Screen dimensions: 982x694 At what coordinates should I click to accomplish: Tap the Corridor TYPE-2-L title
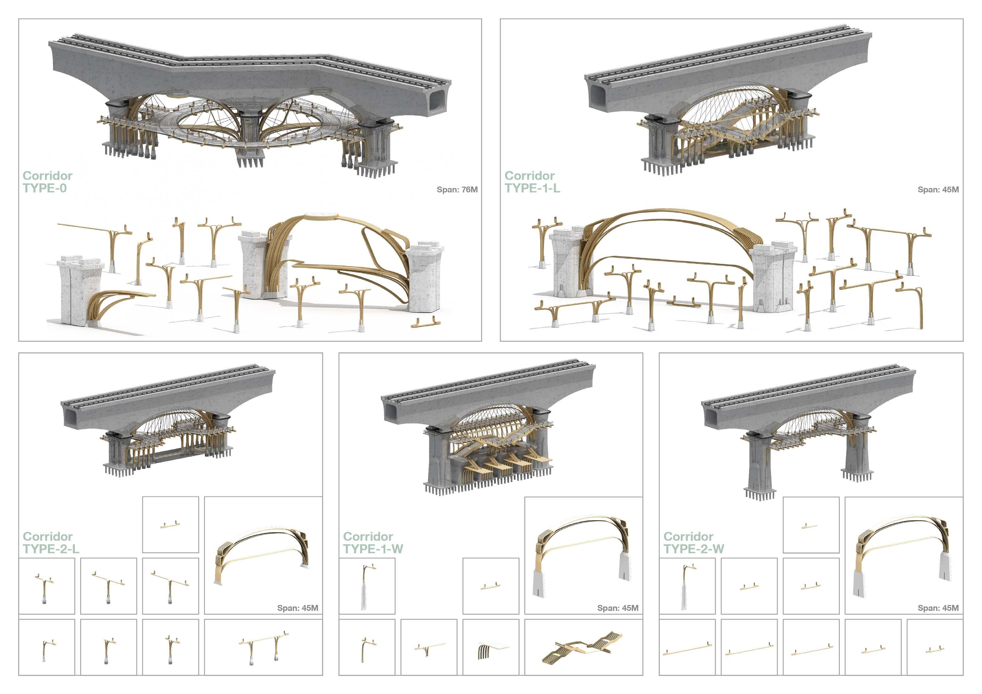click(x=50, y=543)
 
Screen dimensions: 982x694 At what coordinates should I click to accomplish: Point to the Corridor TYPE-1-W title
click(x=373, y=543)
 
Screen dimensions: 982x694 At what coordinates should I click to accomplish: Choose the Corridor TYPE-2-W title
click(x=693, y=543)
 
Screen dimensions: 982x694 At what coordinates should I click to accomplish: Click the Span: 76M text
click(x=457, y=190)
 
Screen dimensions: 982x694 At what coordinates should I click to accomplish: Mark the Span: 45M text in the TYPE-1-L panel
click(x=938, y=190)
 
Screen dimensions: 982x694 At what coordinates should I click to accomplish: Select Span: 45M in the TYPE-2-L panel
click(x=297, y=608)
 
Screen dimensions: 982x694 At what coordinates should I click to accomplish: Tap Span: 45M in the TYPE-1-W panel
click(x=618, y=608)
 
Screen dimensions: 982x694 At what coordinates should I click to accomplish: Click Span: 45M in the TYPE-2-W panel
click(x=938, y=608)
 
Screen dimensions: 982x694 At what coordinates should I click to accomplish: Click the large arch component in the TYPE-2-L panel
click(x=262, y=556)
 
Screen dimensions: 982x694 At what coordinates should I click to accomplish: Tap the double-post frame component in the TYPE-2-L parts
click(x=263, y=645)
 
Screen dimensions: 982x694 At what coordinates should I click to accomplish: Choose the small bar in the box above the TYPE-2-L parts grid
click(x=170, y=524)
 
